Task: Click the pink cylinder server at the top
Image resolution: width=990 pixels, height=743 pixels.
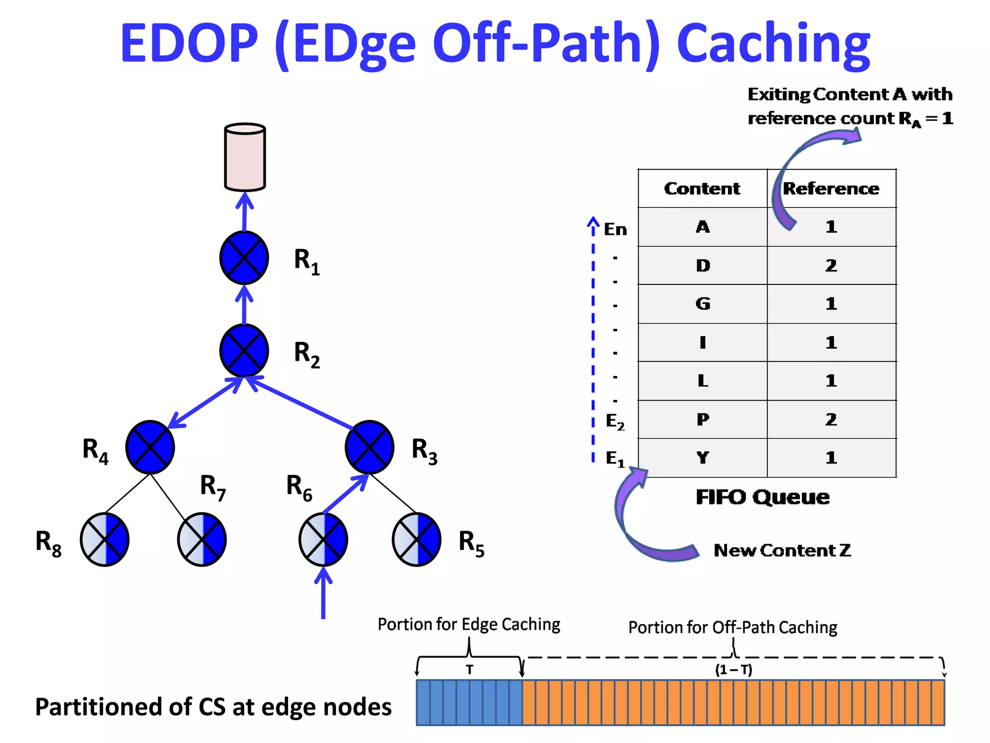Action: point(245,157)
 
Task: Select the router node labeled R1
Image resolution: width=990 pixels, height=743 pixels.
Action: point(244,258)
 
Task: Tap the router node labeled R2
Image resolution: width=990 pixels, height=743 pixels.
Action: point(244,350)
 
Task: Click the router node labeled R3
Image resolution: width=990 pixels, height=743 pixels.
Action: point(369,447)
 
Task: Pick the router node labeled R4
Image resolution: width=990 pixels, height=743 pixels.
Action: point(150,447)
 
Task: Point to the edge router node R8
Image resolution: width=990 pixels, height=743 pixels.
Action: point(104,539)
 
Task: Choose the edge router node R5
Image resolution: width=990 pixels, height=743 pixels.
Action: point(416,539)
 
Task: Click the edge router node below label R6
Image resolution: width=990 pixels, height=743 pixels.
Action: point(323,539)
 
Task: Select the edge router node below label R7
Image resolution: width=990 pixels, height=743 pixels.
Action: point(202,539)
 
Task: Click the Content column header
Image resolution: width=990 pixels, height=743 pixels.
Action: point(702,189)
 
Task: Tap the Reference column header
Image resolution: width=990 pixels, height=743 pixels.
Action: point(831,189)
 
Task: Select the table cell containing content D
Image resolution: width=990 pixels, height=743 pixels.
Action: point(702,266)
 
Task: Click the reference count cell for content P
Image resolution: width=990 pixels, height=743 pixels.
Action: point(831,419)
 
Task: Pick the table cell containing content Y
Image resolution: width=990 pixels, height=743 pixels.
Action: point(702,458)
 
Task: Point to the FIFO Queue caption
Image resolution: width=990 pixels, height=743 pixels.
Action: point(762,497)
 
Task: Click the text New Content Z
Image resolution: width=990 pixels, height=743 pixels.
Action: point(782,550)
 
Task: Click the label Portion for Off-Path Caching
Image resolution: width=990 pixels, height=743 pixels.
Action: point(732,627)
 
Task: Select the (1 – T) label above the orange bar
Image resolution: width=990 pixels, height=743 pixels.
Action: point(733,670)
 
